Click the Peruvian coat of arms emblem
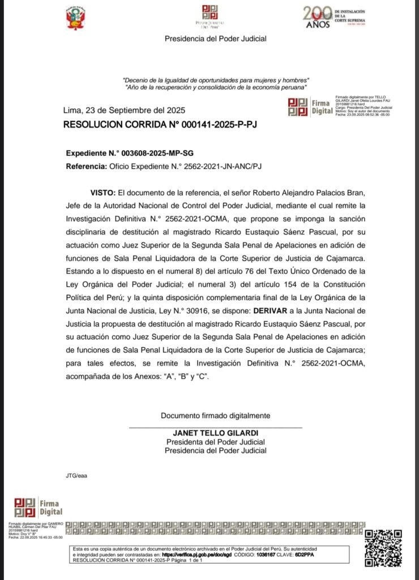pos(75,19)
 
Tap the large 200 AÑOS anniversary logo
pos(318,18)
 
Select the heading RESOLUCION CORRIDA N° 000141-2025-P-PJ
pos(160,124)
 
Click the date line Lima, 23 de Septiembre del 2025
pos(124,110)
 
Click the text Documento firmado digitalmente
pos(215,415)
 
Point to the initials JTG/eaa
pos(77,475)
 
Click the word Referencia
pos(85,167)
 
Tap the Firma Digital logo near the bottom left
pos(37,506)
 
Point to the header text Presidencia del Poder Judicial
pos(215,39)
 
